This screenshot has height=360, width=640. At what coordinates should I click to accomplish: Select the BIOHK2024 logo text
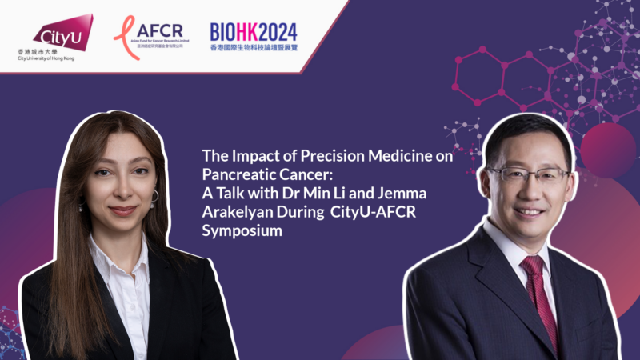pos(254,31)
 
